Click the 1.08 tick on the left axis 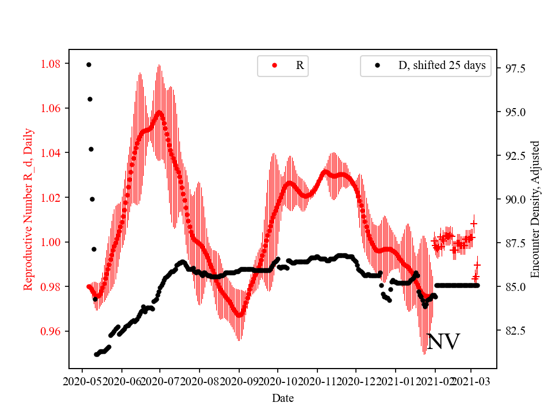click(52, 63)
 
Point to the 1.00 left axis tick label click(52, 242)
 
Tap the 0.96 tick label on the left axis click(52, 331)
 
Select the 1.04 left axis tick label click(52, 153)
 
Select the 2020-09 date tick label click(239, 381)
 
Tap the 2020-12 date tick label click(356, 381)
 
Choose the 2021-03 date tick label click(471, 381)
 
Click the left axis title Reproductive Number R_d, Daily click(28, 209)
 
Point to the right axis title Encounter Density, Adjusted click(535, 209)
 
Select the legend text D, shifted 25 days click(442, 66)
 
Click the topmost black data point click(89, 64)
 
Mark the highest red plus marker click(474, 223)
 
